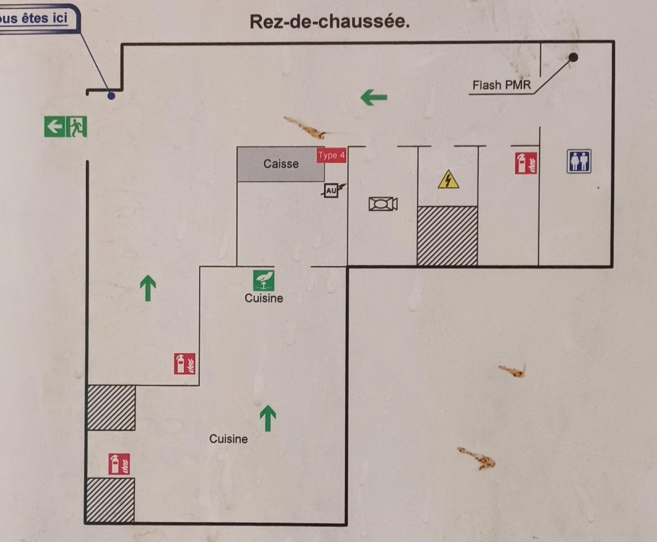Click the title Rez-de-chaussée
click(330, 22)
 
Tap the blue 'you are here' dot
click(111, 96)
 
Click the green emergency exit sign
click(65, 127)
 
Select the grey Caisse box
click(281, 164)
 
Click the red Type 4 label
click(331, 156)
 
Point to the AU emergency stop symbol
click(332, 190)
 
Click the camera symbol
click(383, 204)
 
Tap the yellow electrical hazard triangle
click(448, 180)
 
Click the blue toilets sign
click(579, 161)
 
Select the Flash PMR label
click(501, 85)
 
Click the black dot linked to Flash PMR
click(574, 57)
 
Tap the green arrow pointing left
click(374, 97)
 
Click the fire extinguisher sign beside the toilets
click(526, 163)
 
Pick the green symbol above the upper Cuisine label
click(263, 280)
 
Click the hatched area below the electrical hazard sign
click(447, 236)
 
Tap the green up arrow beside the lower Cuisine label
click(268, 418)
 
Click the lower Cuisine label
click(228, 439)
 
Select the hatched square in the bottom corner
click(110, 500)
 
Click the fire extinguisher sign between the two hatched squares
click(119, 464)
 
